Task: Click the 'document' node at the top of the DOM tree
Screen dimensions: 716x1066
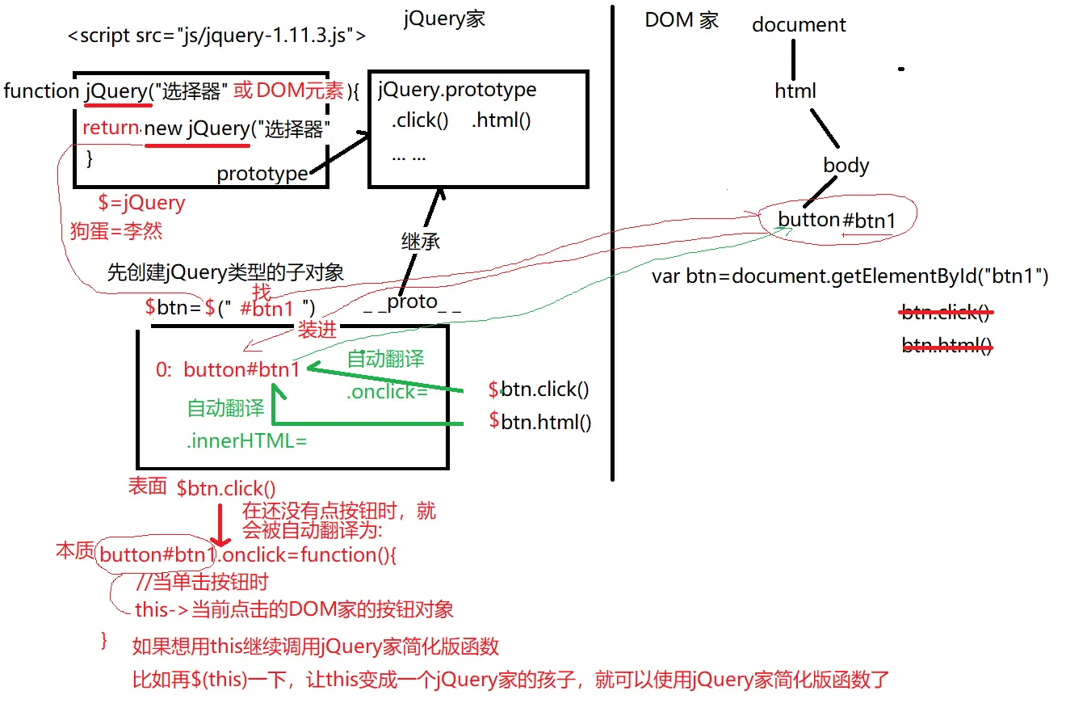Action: (x=799, y=25)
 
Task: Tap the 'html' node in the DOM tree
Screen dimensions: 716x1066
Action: (x=795, y=91)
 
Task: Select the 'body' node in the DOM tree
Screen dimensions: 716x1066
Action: (x=846, y=166)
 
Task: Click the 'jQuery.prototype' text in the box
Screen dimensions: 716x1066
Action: (x=457, y=90)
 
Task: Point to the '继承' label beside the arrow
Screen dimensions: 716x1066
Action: (x=421, y=241)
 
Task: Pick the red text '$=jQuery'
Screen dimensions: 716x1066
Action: (x=141, y=203)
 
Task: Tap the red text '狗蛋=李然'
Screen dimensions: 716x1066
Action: (x=116, y=231)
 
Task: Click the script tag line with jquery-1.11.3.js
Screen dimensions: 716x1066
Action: (x=216, y=36)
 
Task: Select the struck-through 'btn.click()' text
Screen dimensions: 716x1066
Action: (x=946, y=313)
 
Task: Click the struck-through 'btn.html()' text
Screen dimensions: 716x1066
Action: (x=946, y=346)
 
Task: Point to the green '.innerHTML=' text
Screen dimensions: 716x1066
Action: (x=247, y=441)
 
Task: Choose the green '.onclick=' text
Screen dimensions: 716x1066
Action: (x=387, y=392)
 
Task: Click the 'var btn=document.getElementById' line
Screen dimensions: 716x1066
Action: (x=850, y=277)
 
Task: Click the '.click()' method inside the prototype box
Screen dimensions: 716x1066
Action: (x=420, y=121)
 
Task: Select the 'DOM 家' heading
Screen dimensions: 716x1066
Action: (x=682, y=21)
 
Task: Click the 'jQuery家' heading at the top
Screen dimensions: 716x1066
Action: (x=444, y=19)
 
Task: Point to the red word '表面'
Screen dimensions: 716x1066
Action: (x=147, y=486)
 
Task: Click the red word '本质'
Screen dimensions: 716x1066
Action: (x=74, y=552)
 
